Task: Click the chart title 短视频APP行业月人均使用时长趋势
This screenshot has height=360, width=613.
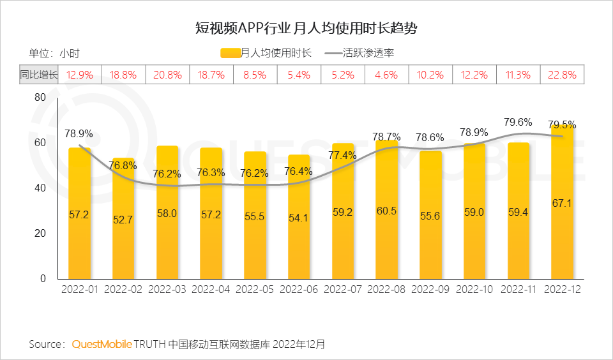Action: (x=306, y=29)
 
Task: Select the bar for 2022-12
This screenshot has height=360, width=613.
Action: (x=562, y=204)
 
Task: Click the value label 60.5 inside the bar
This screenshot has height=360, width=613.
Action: (x=386, y=211)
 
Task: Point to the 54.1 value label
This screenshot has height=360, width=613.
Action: (x=298, y=218)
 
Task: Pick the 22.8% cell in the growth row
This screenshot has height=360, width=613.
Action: (x=562, y=75)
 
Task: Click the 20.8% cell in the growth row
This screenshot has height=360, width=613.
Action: (x=167, y=75)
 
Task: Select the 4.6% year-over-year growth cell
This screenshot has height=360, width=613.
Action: (x=386, y=75)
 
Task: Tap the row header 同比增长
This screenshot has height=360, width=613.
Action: (x=38, y=75)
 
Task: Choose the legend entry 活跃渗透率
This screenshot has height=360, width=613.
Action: (x=364, y=53)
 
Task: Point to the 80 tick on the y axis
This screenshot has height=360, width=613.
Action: (x=40, y=97)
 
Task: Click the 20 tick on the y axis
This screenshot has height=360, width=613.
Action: (x=40, y=234)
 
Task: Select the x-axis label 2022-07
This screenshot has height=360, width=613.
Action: (x=342, y=289)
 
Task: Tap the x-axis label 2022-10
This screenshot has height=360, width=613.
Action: (x=474, y=289)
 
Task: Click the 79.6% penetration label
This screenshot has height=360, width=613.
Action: (x=518, y=121)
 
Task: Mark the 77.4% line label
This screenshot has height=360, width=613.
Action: (x=342, y=155)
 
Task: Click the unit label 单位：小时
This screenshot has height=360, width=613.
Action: (x=54, y=53)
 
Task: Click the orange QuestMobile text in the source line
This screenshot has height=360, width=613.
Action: (x=102, y=344)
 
